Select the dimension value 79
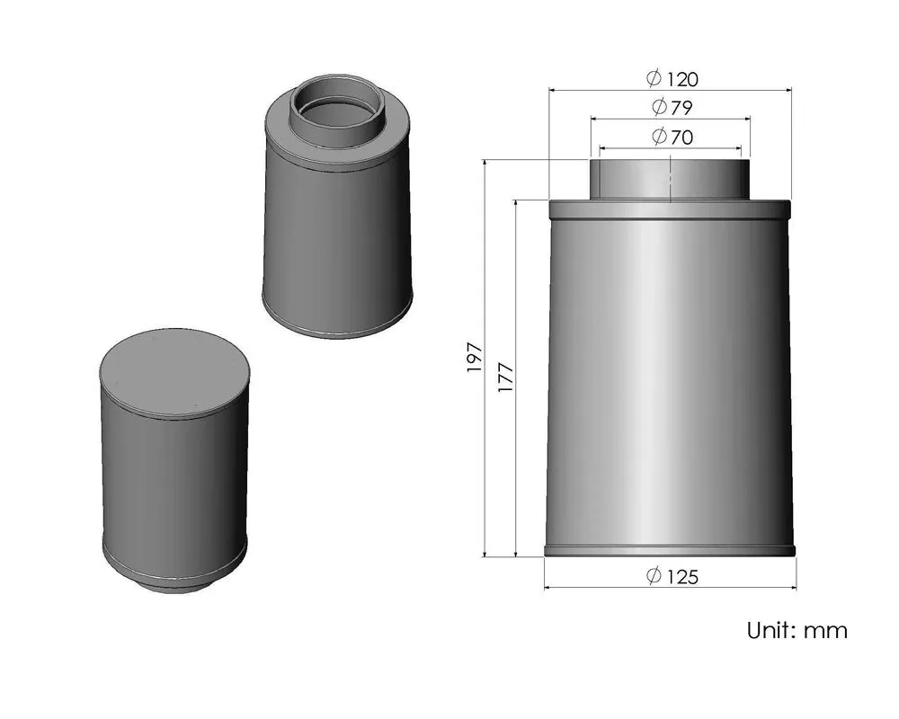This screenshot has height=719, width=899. click(681, 108)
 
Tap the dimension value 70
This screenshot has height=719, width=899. click(681, 138)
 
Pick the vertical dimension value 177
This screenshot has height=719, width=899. click(505, 377)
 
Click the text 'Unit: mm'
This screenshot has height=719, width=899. click(797, 630)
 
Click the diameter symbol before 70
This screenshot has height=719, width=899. click(659, 138)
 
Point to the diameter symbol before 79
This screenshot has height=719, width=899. click(659, 108)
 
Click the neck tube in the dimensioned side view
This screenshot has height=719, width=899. click(670, 180)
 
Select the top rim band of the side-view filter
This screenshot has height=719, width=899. click(670, 209)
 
